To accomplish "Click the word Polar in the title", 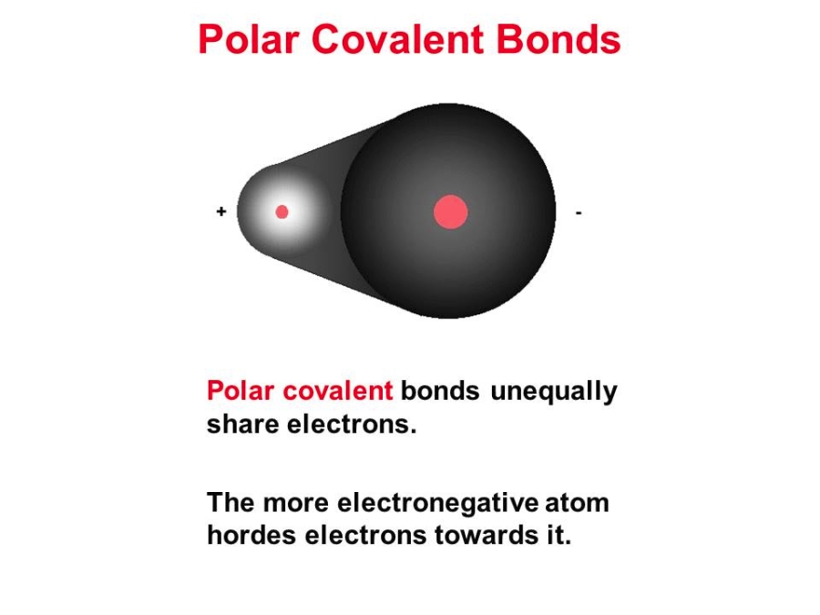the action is (249, 39).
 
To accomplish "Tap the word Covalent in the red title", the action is (397, 39).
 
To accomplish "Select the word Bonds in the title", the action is (559, 39).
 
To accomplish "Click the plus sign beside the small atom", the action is (221, 211).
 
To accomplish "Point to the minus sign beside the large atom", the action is (579, 213).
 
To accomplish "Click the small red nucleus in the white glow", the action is (282, 211).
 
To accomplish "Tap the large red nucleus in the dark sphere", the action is (451, 211).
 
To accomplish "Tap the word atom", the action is (577, 504).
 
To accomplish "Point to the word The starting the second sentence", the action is (231, 503).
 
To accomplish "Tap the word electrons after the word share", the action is (352, 425).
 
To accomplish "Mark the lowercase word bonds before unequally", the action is (440, 391).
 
